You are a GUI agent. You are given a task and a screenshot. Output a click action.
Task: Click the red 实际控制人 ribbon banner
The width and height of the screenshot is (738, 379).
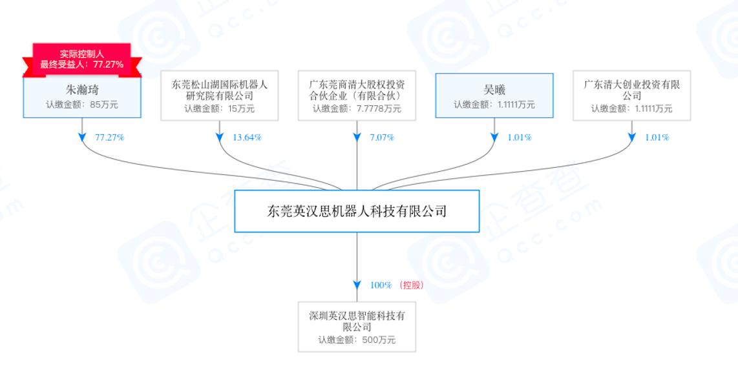[x=82, y=59]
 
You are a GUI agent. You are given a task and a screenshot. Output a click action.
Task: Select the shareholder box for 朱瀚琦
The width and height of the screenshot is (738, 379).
[x=82, y=97]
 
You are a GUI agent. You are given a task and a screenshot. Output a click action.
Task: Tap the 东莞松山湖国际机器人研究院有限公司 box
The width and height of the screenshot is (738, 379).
[x=219, y=96]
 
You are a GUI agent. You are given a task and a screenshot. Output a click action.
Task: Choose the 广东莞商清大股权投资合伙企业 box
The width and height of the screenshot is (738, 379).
[x=357, y=96]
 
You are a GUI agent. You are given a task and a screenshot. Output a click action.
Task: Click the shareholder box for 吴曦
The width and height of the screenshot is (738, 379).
[x=494, y=96]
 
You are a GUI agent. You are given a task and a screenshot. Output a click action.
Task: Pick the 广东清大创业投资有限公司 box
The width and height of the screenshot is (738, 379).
[x=631, y=96]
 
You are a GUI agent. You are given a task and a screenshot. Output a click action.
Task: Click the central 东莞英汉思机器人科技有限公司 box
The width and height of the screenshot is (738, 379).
[x=357, y=211]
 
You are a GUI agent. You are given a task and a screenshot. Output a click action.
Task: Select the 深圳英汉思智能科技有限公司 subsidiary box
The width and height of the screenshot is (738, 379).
[x=357, y=327]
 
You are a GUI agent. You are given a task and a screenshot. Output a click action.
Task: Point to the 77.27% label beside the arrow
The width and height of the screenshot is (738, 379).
[x=109, y=138]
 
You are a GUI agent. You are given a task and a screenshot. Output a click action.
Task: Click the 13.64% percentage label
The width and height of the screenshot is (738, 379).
[x=247, y=138]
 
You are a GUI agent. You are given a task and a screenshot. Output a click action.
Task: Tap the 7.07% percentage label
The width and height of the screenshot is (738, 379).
[x=382, y=138]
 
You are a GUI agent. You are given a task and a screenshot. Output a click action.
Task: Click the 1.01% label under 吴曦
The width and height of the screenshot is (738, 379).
[x=520, y=138]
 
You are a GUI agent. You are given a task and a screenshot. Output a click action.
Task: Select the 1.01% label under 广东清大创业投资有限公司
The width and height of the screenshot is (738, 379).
[x=657, y=138]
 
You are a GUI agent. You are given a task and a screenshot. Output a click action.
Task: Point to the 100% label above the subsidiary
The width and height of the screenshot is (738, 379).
[x=381, y=285]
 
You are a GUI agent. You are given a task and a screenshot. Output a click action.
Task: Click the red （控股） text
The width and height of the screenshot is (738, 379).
[x=412, y=285]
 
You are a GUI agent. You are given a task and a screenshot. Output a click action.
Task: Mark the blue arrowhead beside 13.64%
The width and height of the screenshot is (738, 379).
[x=219, y=138]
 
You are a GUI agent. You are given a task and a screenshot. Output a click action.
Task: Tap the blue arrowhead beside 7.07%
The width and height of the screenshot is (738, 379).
[x=357, y=138]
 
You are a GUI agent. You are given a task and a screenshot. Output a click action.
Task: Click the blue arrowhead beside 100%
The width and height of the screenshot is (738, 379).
[x=357, y=285]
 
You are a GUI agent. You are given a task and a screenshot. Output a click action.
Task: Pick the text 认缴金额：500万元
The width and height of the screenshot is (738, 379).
[x=357, y=340]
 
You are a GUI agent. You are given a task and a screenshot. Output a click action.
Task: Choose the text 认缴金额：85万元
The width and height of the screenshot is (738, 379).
[x=82, y=105]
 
